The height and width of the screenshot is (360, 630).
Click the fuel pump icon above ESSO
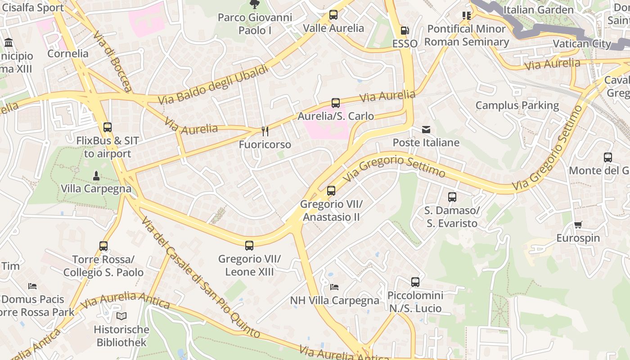tap(405, 31)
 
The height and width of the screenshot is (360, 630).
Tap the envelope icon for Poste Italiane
tap(426, 130)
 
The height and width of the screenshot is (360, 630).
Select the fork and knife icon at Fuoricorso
tap(265, 131)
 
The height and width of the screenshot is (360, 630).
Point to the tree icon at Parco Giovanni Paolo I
tap(255, 4)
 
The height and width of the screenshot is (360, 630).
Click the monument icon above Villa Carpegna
tap(96, 175)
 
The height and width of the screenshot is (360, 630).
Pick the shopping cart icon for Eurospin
tap(578, 225)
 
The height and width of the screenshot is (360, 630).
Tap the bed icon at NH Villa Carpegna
tap(334, 287)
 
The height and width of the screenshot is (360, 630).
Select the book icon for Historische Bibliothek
tap(121, 316)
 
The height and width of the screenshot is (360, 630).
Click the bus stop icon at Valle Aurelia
tap(333, 15)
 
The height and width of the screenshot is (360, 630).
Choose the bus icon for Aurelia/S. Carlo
tap(336, 103)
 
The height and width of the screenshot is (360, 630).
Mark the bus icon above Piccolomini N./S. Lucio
tap(415, 282)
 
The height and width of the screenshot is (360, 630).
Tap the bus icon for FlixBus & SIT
tap(107, 127)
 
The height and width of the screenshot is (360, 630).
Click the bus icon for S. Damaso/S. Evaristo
tap(452, 197)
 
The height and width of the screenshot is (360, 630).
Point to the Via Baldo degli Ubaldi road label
tap(214, 85)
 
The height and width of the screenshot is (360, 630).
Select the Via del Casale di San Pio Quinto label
tap(200, 277)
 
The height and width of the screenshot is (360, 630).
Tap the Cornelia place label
tap(68, 54)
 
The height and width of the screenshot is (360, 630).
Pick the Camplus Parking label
tap(517, 106)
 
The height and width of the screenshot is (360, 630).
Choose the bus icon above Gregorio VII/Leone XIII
tap(249, 246)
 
